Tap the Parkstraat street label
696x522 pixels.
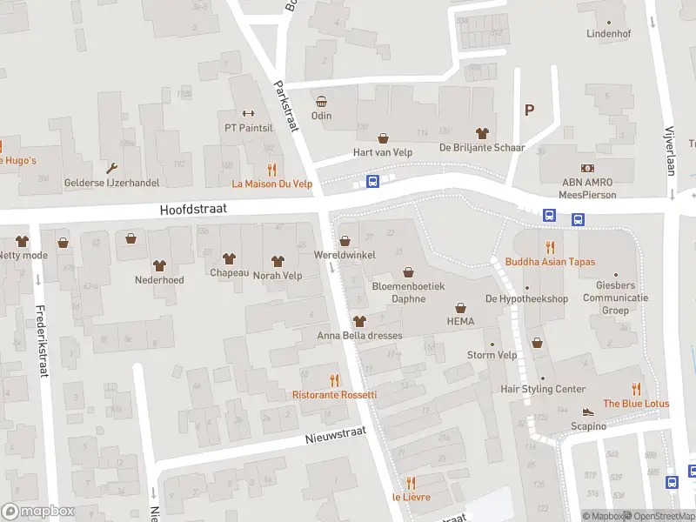[x=286, y=106]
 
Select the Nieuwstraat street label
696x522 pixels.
[x=336, y=434]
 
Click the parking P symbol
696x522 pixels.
[x=528, y=110]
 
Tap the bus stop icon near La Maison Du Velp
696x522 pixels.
[x=373, y=181]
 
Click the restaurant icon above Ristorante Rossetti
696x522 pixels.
[x=334, y=379]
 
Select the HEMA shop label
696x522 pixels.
[x=460, y=321]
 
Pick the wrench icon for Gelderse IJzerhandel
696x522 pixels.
[x=111, y=168]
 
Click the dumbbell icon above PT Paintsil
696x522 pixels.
[x=248, y=113]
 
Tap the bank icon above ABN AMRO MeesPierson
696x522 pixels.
[x=587, y=168]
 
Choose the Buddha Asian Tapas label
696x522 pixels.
[x=549, y=261]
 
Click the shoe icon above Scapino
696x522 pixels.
[x=588, y=412]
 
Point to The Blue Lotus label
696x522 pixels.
[x=636, y=403]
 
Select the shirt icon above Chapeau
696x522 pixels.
[x=229, y=258]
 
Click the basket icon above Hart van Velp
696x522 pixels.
[x=382, y=137]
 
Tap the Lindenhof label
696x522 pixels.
[x=608, y=34]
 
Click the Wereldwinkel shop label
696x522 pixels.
[x=344, y=256]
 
